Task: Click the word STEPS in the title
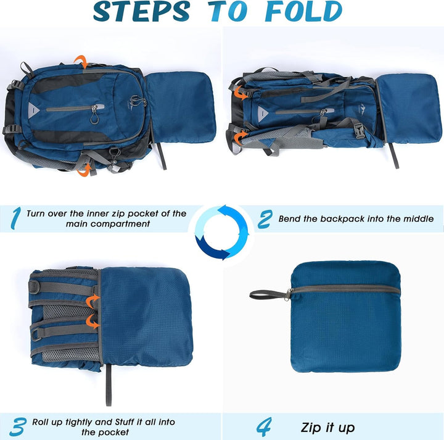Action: [x=141, y=11]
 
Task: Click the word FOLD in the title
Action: [x=303, y=11]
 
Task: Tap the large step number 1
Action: [x=15, y=218]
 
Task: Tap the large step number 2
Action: [x=265, y=219]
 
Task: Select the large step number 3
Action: [x=18, y=426]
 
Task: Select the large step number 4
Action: [x=264, y=426]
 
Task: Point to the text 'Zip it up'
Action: [x=327, y=428]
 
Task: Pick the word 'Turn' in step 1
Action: [x=36, y=214]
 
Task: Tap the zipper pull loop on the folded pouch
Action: [x=268, y=294]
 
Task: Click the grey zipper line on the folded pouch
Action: [x=346, y=289]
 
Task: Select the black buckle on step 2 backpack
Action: [x=359, y=131]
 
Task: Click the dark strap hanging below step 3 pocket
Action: [x=109, y=384]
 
